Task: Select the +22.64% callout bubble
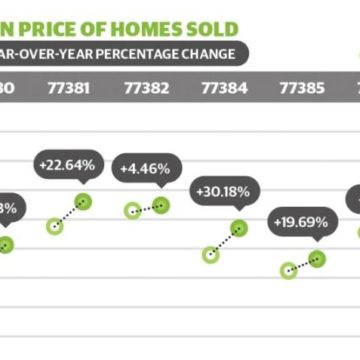tap(67, 165)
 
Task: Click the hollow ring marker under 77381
tap(55, 226)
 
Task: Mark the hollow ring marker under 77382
tap(132, 210)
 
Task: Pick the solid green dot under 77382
tap(161, 205)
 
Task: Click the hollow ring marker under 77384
tap(210, 254)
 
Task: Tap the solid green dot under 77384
tap(238, 229)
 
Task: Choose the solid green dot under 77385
tap(317, 258)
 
